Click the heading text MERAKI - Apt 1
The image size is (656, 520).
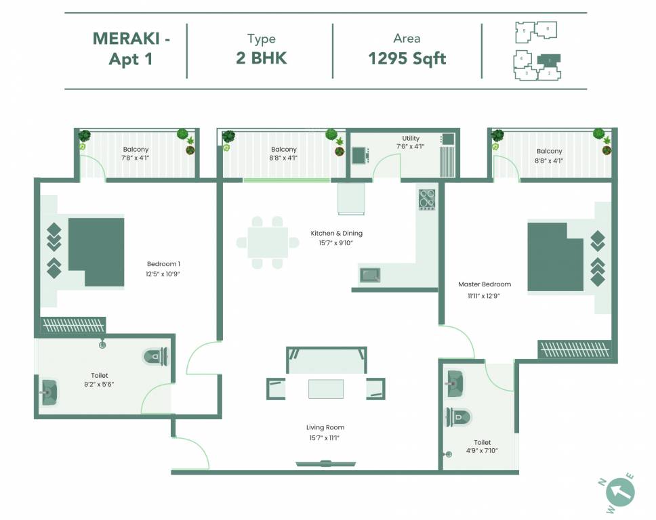tap(131, 49)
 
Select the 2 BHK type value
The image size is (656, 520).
tap(261, 58)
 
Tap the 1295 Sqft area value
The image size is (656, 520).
tap(407, 58)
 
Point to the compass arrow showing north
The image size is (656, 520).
tap(619, 491)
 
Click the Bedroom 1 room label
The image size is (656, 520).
tap(163, 264)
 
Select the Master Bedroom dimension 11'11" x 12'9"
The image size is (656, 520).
tap(484, 296)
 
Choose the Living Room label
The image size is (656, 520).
tap(325, 428)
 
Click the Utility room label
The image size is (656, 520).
tap(410, 139)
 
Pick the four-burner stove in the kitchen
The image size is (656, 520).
tap(426, 199)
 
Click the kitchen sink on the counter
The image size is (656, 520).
tap(370, 275)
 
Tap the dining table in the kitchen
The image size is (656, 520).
tap(267, 242)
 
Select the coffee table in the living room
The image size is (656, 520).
tap(325, 389)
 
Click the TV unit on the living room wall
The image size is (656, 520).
tap(326, 464)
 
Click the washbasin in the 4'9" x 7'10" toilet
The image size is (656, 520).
tap(455, 385)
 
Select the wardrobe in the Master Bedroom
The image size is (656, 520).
tap(576, 349)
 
